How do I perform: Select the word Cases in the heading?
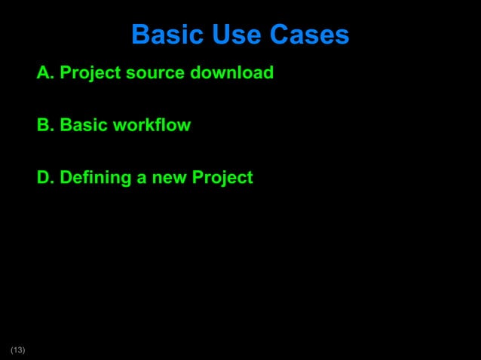(310, 35)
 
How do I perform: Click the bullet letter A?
(44, 73)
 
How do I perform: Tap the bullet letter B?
(44, 125)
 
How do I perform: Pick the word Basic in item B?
(83, 125)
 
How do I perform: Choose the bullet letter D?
(44, 178)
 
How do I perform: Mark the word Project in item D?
(222, 178)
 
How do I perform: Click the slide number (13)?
(17, 349)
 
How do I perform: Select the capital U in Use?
(219, 35)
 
